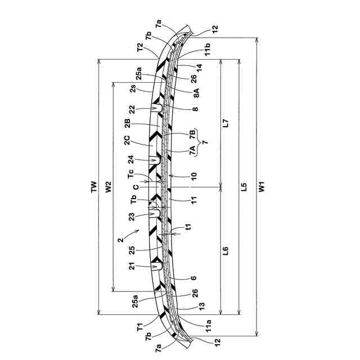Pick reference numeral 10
tap(194, 175)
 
